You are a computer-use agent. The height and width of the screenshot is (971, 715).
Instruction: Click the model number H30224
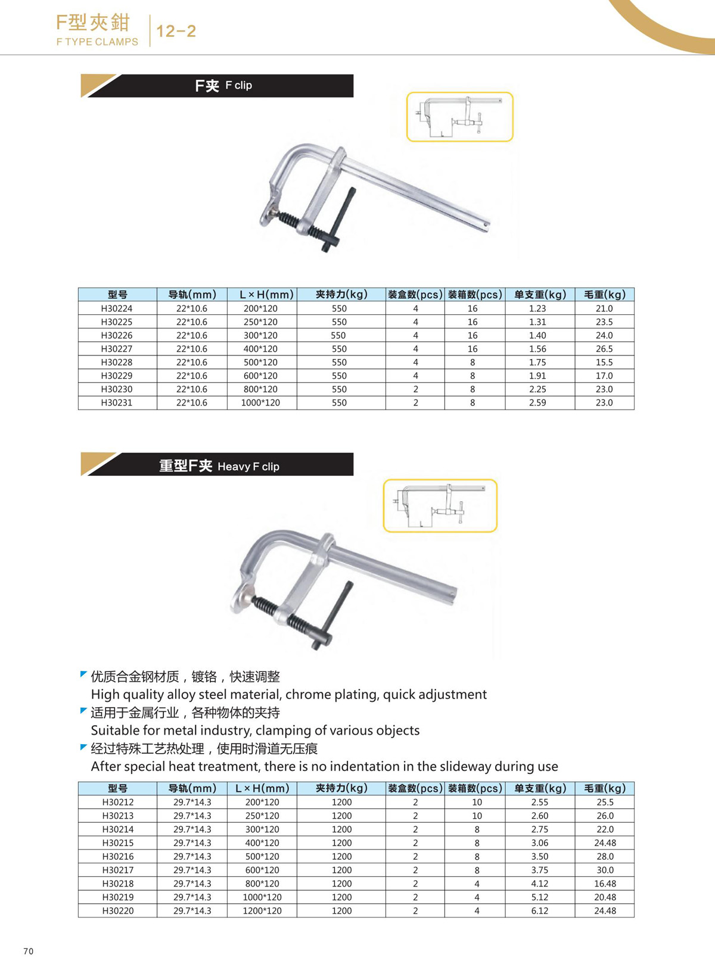point(117,308)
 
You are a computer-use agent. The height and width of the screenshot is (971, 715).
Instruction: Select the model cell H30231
point(117,402)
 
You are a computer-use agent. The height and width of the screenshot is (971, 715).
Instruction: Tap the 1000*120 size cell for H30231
point(260,402)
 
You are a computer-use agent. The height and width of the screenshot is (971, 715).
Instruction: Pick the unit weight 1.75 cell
point(537,362)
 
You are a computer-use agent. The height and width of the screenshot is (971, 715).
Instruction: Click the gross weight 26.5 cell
point(604,349)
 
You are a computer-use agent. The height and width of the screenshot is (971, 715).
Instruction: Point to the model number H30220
point(118,910)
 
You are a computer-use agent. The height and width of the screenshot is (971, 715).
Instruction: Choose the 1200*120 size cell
point(262,910)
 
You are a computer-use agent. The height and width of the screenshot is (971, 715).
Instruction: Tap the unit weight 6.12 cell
point(540,910)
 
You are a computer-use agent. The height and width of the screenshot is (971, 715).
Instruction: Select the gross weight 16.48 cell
point(605,883)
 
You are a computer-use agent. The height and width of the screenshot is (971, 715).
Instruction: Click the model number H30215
point(118,843)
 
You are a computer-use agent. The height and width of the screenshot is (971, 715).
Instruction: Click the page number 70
point(29,951)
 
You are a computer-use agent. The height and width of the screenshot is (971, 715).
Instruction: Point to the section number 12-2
point(176,31)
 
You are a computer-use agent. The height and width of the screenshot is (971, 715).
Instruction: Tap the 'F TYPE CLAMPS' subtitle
point(97,42)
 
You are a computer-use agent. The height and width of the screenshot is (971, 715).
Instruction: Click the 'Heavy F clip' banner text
point(248,467)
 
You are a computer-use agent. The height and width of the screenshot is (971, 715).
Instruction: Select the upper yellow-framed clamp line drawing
point(459,117)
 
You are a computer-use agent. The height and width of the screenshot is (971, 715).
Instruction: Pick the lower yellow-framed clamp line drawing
point(440,505)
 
